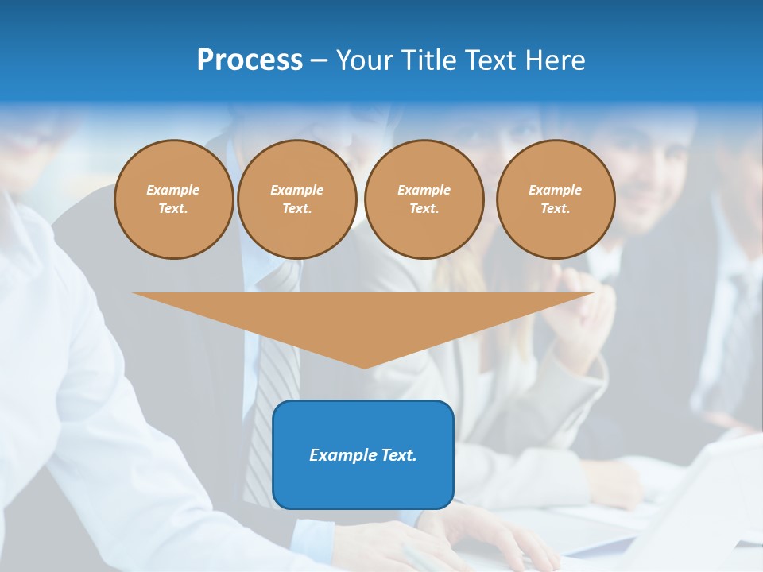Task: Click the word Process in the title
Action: click(x=250, y=60)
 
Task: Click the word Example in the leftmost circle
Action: click(x=173, y=190)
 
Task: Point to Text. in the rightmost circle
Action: click(x=556, y=208)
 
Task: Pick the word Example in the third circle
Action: click(x=424, y=190)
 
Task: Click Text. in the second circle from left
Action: click(x=296, y=208)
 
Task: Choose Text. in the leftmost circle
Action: click(x=173, y=208)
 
